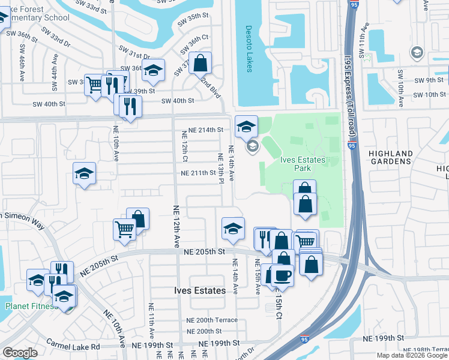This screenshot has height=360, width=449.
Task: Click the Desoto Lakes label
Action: pyautogui.click(x=249, y=49)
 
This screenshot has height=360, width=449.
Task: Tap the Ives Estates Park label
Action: pyautogui.click(x=303, y=164)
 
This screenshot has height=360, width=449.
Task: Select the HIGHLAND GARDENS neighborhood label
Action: pyautogui.click(x=391, y=158)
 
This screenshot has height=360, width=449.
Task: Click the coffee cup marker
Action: pyautogui.click(x=282, y=275)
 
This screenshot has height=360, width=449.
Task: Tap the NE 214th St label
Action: pyautogui.click(x=205, y=130)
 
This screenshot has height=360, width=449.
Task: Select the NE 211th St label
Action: pyautogui.click(x=198, y=173)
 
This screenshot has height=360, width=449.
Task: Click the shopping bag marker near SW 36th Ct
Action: pyautogui.click(x=200, y=62)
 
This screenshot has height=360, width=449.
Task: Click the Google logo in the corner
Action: pyautogui.click(x=20, y=353)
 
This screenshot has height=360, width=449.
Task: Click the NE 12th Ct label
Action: pyautogui.click(x=185, y=152)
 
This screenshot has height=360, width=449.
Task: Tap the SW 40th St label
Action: pyautogui.click(x=177, y=101)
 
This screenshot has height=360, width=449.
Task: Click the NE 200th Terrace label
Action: pyautogui.click(x=211, y=320)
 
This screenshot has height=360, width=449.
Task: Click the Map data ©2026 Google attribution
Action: pyautogui.click(x=412, y=355)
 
